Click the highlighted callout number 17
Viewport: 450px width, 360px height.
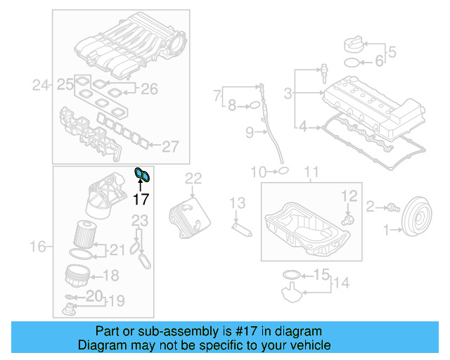click(141, 200)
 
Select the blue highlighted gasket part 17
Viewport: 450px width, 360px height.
click(142, 174)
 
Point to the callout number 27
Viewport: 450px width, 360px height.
click(171, 146)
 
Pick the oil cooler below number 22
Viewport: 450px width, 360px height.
click(184, 210)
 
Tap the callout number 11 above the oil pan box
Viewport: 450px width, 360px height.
click(311, 172)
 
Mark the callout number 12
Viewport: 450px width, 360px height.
click(349, 195)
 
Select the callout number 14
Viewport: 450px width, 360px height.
click(341, 283)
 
